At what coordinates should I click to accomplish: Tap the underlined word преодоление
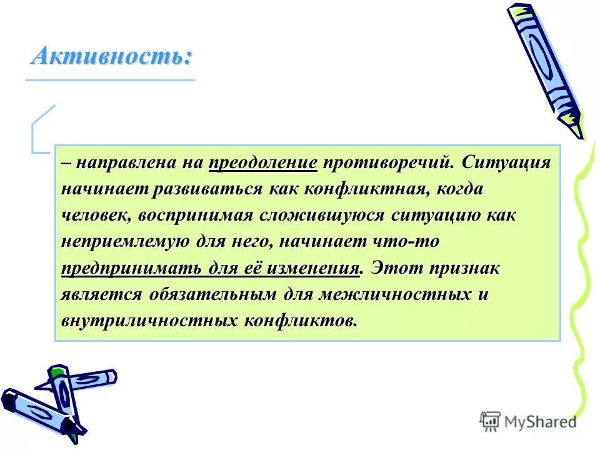click(263, 163)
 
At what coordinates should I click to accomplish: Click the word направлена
click(124, 163)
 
